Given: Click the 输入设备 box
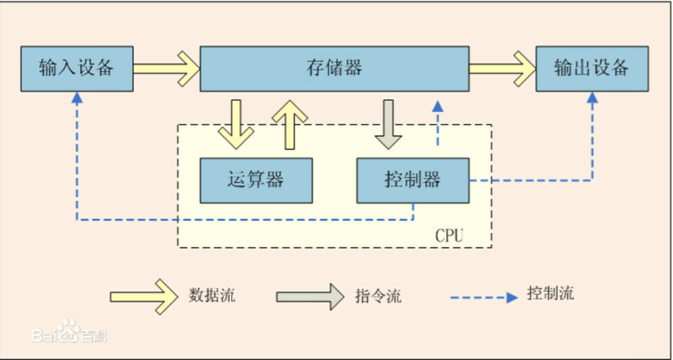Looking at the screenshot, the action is pos(77,69).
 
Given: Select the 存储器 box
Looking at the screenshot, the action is pos(335,69).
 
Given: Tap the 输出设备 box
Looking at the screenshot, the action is pos(592,69).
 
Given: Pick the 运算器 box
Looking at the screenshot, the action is pos(256,180).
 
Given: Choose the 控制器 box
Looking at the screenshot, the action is pos(413,180).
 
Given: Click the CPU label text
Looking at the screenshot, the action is pos(449,236).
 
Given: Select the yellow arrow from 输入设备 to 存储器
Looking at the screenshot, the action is pos(167,69).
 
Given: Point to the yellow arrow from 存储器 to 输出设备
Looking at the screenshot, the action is pos(503,69).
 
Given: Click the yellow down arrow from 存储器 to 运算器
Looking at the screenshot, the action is pos(236,124).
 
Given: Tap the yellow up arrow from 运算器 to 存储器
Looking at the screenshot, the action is pos(290,125).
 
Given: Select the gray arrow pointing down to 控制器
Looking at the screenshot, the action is pos(388,124).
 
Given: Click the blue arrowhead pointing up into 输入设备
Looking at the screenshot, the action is pos(77,98).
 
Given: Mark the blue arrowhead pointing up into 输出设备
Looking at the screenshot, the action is pos(592,98).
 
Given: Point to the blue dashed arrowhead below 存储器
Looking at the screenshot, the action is pos(438,107).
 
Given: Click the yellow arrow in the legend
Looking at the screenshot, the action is pos(144,296).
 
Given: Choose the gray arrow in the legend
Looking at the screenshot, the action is pos(310,296).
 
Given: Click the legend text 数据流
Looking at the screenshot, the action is pos(212,295).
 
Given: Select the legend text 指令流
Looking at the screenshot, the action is pos(378,296).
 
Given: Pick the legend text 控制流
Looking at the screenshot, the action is pos(550,293).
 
